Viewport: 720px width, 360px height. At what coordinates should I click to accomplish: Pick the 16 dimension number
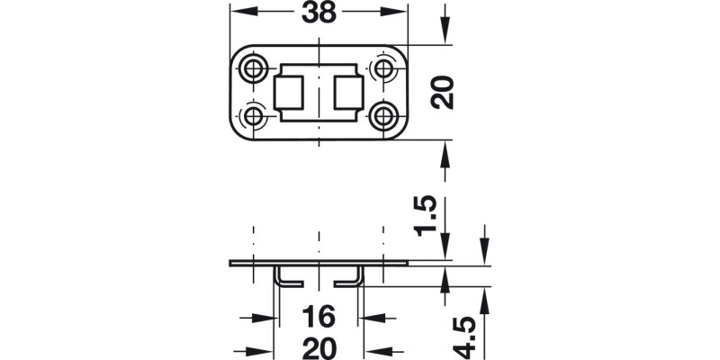319,318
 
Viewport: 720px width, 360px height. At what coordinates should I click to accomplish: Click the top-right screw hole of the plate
384,68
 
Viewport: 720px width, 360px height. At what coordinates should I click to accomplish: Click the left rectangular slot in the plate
289,92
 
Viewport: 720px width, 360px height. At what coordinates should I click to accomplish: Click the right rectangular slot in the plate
349,92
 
